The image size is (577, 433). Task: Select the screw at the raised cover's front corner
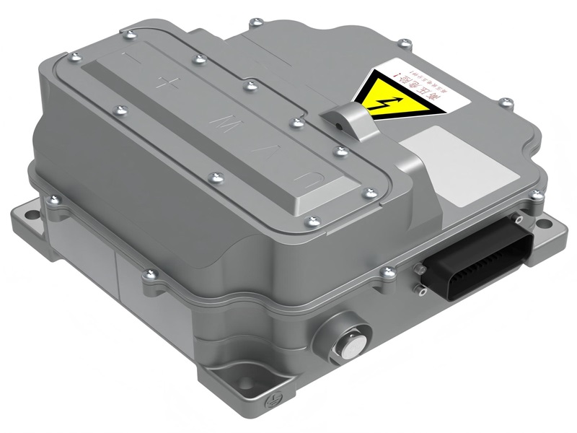pos(312,219)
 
